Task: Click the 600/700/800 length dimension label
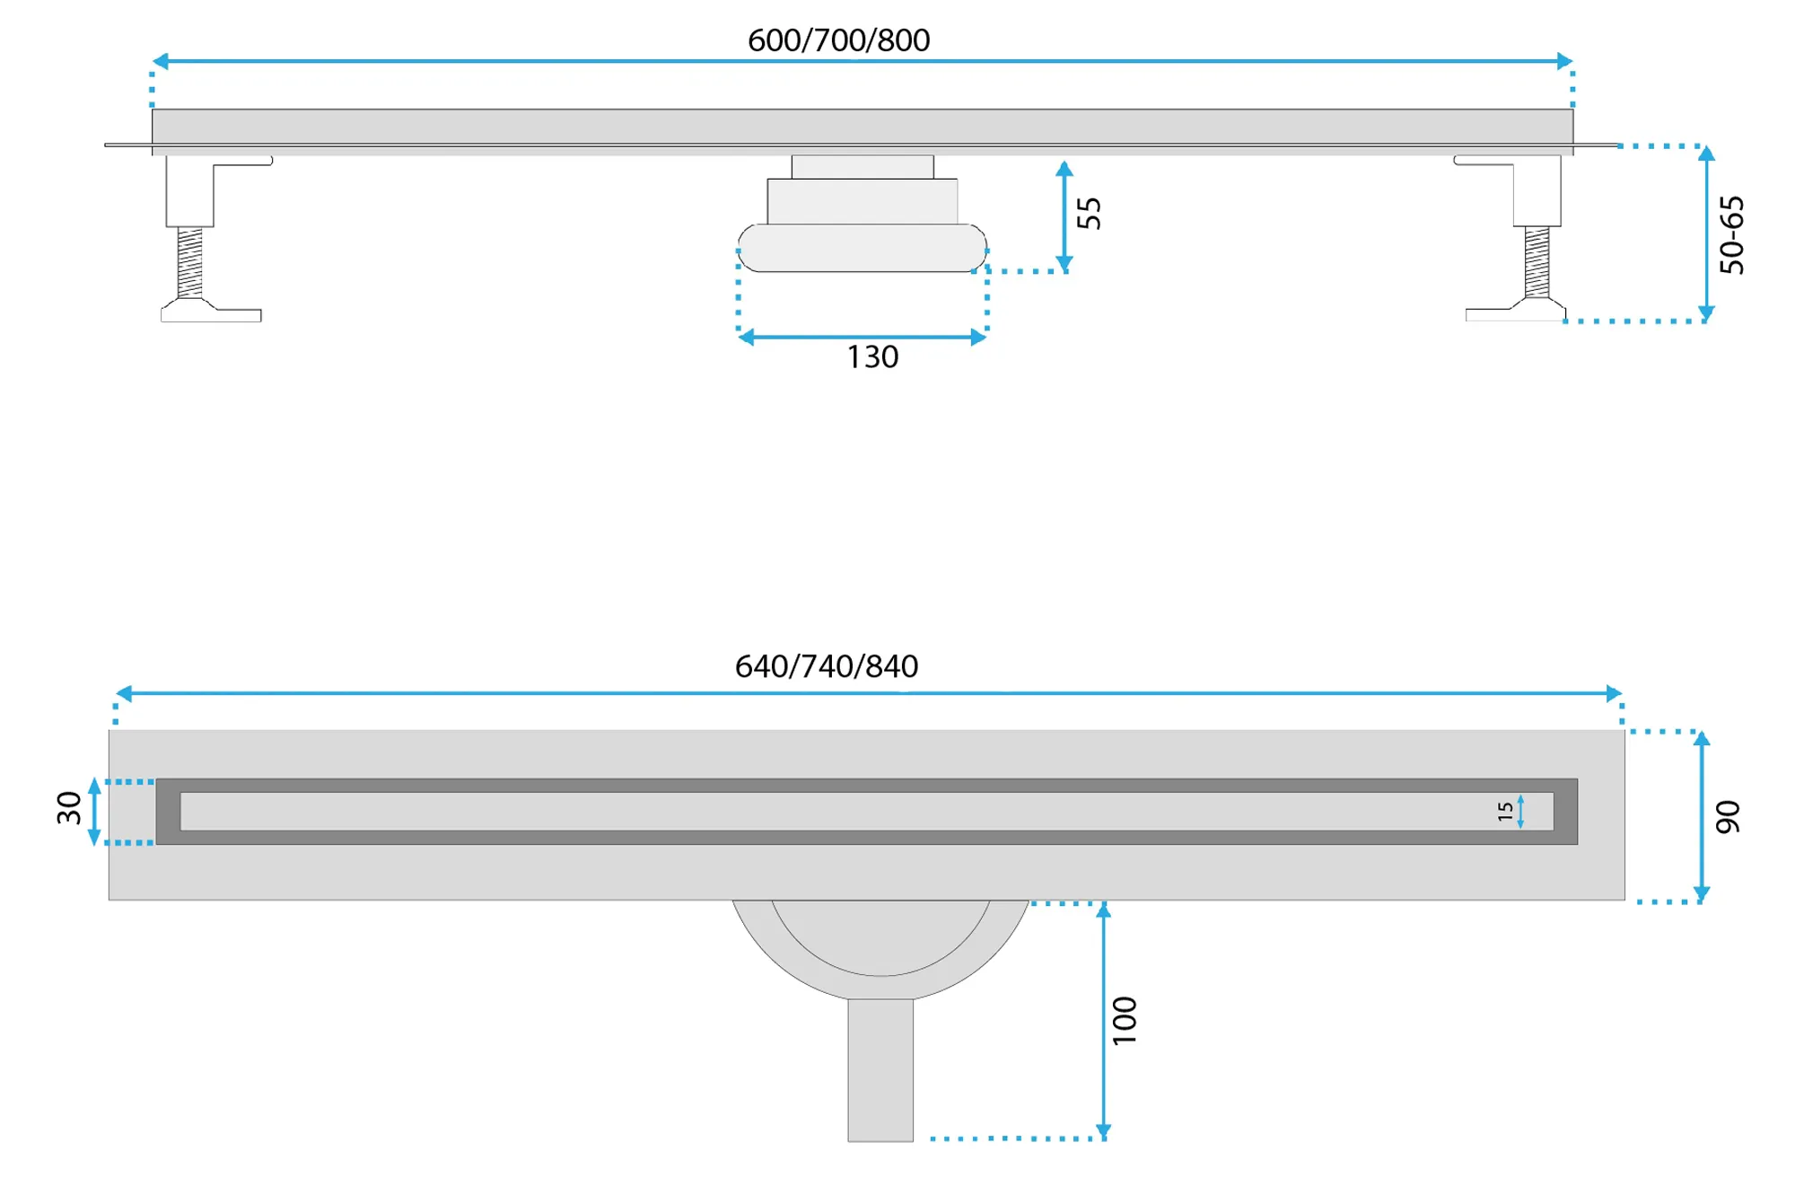[x=838, y=40]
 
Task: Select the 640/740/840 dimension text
[x=827, y=666]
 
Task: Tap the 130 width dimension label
[x=872, y=357]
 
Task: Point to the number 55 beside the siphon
[x=1089, y=214]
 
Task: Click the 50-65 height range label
[x=1731, y=234]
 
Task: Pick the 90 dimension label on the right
[x=1728, y=817]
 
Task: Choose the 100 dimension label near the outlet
[x=1125, y=1020]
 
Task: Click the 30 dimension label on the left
[x=69, y=808]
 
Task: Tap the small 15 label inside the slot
[x=1505, y=812]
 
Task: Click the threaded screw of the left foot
[x=189, y=262]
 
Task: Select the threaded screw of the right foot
[x=1537, y=262]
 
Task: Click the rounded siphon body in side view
[x=862, y=248]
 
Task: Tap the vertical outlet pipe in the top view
[x=880, y=1070]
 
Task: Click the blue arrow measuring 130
[x=862, y=338]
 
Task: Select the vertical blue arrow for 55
[x=1064, y=216]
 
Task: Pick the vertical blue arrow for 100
[x=1104, y=1022]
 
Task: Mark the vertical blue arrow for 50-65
[x=1706, y=233]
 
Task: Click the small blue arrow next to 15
[x=1520, y=812]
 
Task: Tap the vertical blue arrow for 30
[x=94, y=812]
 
